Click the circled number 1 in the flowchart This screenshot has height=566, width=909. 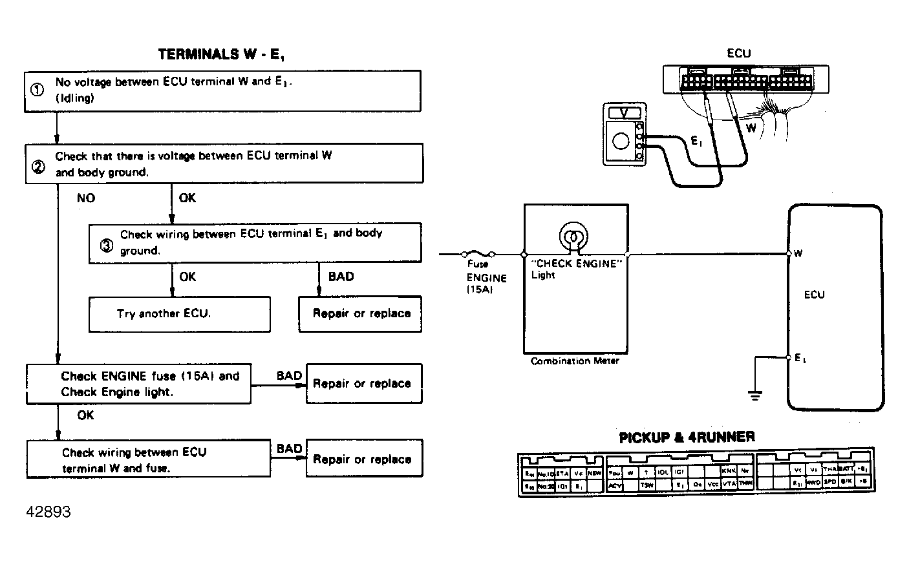[x=37, y=90]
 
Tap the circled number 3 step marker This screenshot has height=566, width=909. [x=106, y=246]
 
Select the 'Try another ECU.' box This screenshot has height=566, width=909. [x=179, y=314]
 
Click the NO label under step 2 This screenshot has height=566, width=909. [x=85, y=198]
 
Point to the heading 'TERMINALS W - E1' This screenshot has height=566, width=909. [x=221, y=55]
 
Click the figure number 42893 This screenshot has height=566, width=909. [x=48, y=512]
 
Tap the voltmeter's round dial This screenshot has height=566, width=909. [x=621, y=141]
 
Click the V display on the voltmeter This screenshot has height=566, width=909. [x=624, y=112]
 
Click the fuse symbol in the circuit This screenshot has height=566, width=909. [x=478, y=254]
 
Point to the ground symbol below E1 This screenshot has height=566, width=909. [x=754, y=393]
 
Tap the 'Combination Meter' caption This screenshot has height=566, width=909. [x=575, y=361]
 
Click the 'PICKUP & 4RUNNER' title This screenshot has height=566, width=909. [x=687, y=437]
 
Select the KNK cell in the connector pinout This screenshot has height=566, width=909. [x=729, y=472]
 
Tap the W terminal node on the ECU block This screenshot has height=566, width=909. [x=788, y=254]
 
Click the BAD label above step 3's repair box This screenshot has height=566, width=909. [x=341, y=277]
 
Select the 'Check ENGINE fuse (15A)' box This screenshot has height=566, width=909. [x=138, y=384]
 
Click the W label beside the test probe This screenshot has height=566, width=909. [x=751, y=129]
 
